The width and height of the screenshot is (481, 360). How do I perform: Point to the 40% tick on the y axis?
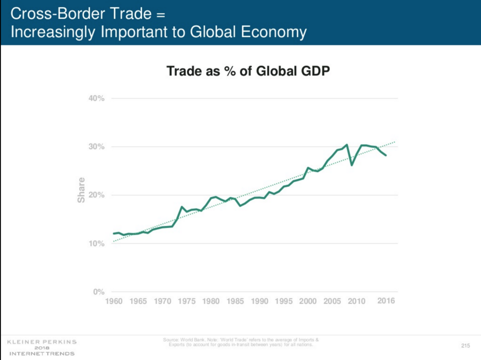point(97,99)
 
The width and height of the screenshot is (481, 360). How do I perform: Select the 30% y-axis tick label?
point(97,147)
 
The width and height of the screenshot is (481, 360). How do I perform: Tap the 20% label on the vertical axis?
point(97,195)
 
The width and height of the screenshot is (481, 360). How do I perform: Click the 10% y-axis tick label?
point(97,244)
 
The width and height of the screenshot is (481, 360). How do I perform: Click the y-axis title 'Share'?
point(82,190)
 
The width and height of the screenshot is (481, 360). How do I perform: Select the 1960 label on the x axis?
point(113,301)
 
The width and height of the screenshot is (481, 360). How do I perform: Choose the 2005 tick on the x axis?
point(331,301)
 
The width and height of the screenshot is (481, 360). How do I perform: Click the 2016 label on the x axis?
point(386,301)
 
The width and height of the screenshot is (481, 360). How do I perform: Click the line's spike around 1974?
point(182,207)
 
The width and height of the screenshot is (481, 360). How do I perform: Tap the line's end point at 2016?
point(386,155)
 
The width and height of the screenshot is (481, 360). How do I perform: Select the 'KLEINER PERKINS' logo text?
point(42,342)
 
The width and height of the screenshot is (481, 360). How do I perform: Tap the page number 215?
point(465,347)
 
